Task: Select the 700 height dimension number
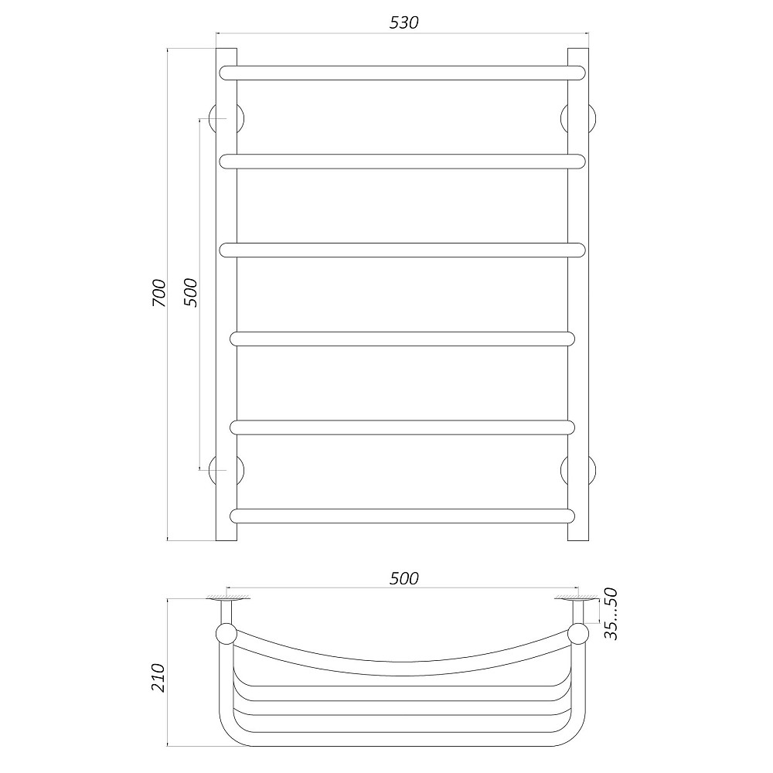click(158, 292)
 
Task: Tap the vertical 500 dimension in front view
click(191, 292)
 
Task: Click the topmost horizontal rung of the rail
click(402, 73)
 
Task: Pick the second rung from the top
click(402, 161)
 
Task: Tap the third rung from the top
click(402, 250)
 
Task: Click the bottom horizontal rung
click(402, 516)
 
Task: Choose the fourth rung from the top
click(402, 339)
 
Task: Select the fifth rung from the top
click(402, 427)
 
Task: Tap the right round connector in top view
click(578, 634)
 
